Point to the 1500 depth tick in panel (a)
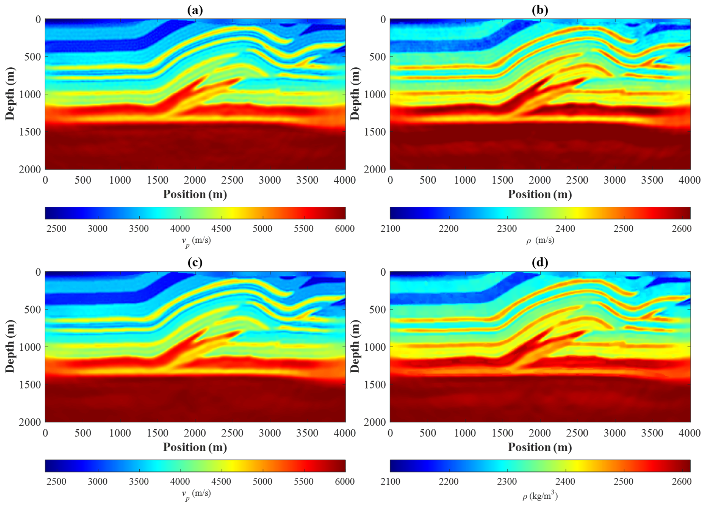pos(30,132)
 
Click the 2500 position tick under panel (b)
pos(577,180)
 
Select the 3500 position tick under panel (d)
pos(652,433)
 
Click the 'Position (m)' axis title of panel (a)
pos(195,194)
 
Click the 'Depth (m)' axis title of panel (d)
pos(355,346)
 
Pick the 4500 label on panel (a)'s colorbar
pos(221,229)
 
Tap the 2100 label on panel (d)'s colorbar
pos(390,481)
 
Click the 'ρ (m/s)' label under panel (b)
pos(540,240)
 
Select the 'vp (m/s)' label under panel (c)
pos(196,493)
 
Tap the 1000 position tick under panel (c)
pos(120,433)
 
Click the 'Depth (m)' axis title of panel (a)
pos(10,94)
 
